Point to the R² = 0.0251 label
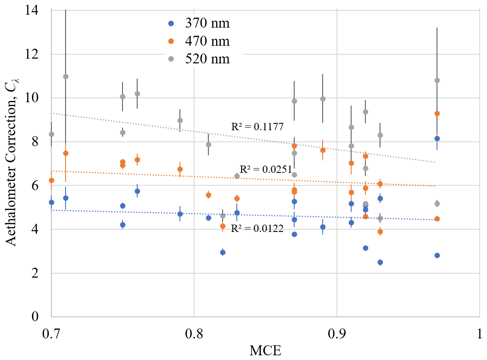tap(265, 169)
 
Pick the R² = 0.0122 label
tap(257, 229)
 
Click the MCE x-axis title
tap(265, 351)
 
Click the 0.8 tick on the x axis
tap(194, 332)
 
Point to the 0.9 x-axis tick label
tap(336, 332)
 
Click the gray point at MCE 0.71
tap(66, 76)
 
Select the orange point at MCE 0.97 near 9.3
tap(437, 113)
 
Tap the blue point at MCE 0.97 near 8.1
tap(437, 138)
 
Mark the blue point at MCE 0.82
tap(223, 252)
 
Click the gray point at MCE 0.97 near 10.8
tap(437, 80)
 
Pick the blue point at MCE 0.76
tap(137, 191)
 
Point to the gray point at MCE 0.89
tap(323, 99)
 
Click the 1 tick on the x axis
tap(479, 332)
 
